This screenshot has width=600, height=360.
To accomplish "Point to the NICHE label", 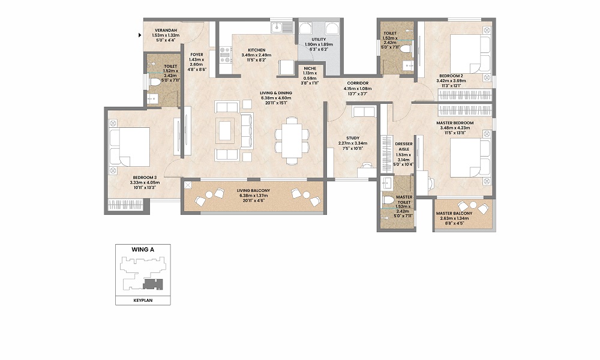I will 310,68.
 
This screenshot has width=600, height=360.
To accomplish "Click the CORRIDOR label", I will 357,83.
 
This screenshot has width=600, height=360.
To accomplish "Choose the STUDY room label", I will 352,138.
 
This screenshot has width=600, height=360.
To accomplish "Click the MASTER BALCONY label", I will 454,214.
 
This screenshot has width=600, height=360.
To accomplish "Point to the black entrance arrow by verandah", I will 139,35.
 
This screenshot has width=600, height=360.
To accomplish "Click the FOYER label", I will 197,54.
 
